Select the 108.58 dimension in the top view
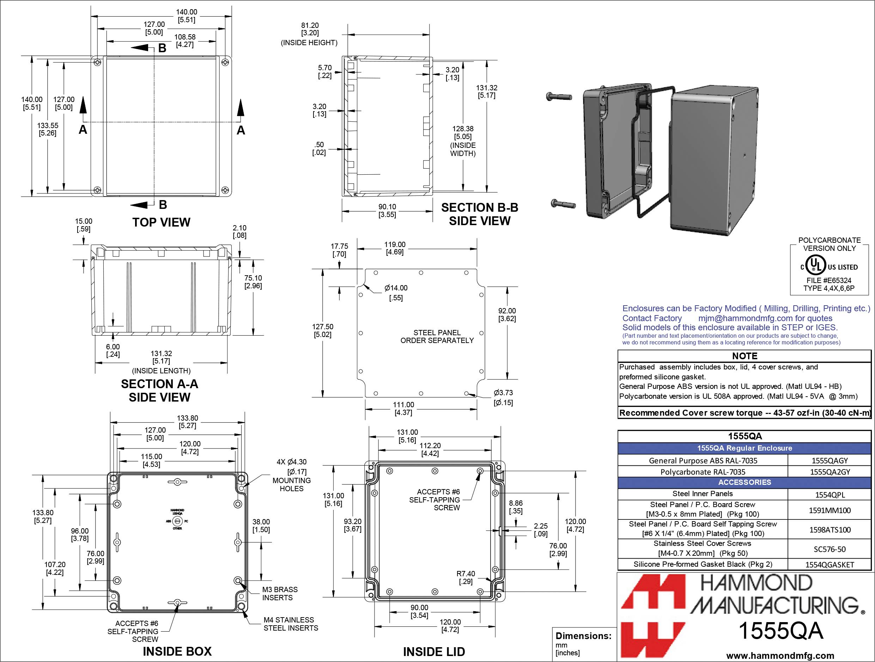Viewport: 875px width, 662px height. click(185, 40)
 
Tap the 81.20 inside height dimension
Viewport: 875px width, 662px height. click(310, 29)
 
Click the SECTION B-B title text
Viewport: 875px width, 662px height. click(479, 208)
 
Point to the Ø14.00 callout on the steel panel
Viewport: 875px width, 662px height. click(396, 293)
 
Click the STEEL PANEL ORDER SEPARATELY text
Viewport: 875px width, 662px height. click(437, 336)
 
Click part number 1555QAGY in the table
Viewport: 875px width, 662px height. click(830, 460)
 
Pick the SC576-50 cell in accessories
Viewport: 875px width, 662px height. click(830, 549)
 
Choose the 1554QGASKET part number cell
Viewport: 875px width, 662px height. click(830, 565)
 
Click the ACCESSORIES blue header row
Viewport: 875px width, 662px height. click(744, 482)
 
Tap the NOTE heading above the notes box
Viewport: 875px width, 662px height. click(744, 356)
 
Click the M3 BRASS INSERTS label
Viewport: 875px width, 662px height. click(280, 594)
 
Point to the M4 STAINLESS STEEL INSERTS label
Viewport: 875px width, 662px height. click(290, 624)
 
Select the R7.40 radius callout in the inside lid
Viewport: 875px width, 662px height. click(466, 577)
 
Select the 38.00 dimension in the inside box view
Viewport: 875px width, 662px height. click(261, 525)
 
